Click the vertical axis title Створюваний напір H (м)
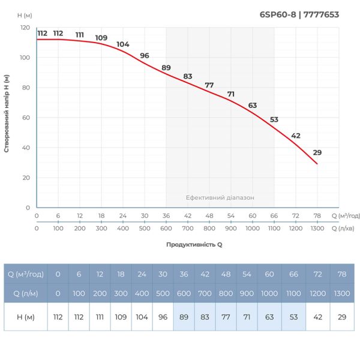click(7, 113)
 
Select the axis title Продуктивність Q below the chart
click(194, 245)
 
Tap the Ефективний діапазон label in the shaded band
click(220, 197)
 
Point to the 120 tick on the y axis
click(25, 28)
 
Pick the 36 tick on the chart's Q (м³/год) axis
click(166, 215)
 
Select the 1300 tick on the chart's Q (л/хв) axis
click(317, 229)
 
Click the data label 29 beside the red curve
click(317, 152)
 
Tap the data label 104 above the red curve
click(123, 44)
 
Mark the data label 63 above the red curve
click(253, 106)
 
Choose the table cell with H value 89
click(184, 317)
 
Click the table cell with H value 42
click(316, 317)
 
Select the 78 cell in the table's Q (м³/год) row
click(342, 274)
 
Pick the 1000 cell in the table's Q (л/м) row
click(269, 293)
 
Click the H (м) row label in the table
click(26, 317)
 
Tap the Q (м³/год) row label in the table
click(26, 274)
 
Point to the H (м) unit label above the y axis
click(25, 14)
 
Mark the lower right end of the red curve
click(317, 164)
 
